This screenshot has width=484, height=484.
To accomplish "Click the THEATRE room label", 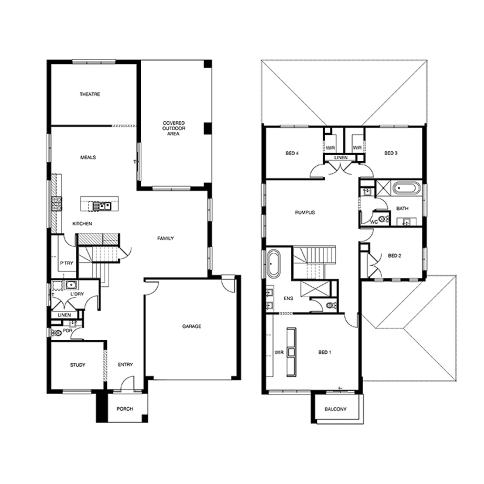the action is point(90,94).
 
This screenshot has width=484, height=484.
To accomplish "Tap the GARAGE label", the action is point(192,326).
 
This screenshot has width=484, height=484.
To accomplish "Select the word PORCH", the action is point(125,409).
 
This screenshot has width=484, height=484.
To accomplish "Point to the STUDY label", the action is point(78,365).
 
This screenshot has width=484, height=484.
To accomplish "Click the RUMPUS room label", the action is point(305,212).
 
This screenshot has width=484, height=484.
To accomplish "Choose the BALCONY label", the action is point(336,409).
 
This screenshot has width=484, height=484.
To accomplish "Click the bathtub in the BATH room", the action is point(407,188).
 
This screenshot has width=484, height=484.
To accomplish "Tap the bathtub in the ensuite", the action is point(273,263).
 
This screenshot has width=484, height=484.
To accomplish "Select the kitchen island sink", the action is point(102,206).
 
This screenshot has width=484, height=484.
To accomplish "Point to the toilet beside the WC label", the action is point(384,219).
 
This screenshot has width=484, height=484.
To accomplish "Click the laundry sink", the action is point(71,285).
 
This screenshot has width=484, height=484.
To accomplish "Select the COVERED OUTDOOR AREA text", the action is point(174,128).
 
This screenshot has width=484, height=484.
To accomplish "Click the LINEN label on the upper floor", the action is point(341,157).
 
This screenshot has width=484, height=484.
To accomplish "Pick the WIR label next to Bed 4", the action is point(330,148).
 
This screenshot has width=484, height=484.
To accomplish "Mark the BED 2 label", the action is point(394,256).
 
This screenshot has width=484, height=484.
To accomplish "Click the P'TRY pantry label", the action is point(66,263).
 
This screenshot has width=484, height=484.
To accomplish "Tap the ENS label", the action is point(288,298).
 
